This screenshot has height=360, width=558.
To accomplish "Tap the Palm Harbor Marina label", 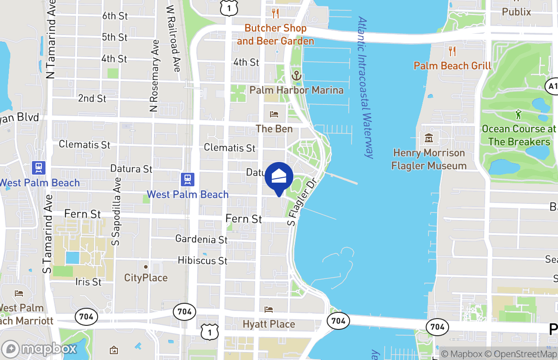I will coord(296,90).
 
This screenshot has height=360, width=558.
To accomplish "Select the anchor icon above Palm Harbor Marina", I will coord(296,76).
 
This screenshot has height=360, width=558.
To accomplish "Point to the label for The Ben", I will coord(274,129).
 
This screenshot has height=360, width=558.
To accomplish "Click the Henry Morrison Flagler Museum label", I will coord(428,159).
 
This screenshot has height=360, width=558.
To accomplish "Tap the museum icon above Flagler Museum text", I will coord(428,137).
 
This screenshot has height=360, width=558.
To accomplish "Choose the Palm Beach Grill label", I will coord(452,66).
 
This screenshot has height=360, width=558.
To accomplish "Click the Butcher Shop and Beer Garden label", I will coord(275,35).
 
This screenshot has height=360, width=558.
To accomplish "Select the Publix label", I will coord(516,12).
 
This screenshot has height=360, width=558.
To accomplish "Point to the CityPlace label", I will coord(146,278).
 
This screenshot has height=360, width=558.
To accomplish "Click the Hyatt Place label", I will coord(269,324).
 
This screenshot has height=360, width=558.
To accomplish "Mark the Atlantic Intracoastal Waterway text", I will coord(365,88).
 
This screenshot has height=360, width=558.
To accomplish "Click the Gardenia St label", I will coord(202,239).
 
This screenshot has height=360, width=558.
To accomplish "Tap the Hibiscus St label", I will coord(202,261).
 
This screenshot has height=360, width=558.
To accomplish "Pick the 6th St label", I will coord(115,16).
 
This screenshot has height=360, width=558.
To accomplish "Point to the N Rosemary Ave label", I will coord(155,76).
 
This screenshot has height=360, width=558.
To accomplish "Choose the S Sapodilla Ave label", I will coord(117,211).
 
